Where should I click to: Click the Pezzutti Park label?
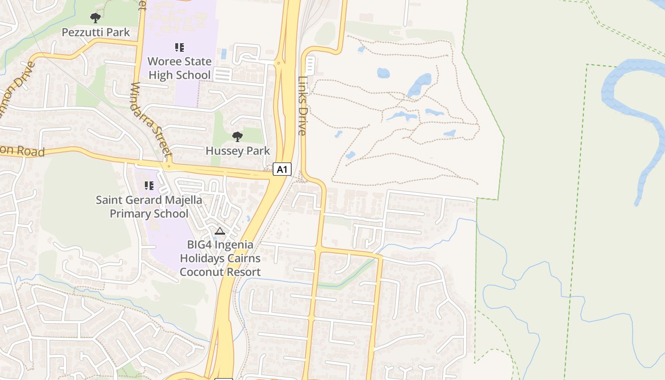click(x=95, y=32)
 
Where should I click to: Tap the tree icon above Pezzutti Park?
click(x=95, y=18)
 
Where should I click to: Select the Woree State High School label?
click(x=180, y=68)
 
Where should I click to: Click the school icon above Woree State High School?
click(x=179, y=47)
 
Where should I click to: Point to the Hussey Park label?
click(x=237, y=151)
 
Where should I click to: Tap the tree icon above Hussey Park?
click(x=237, y=137)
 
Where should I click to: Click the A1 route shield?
click(x=282, y=169)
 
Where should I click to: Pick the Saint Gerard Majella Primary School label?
click(x=149, y=207)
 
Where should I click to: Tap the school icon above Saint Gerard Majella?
click(x=149, y=185)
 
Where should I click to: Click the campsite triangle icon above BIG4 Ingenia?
click(x=219, y=231)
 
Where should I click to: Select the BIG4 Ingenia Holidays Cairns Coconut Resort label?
click(x=220, y=258)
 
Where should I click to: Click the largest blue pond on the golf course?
click(x=420, y=85)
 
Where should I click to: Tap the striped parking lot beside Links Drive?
click(x=310, y=66)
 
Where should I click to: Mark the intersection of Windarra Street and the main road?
click(x=168, y=166)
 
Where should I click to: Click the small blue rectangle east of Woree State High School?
click(x=223, y=54)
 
